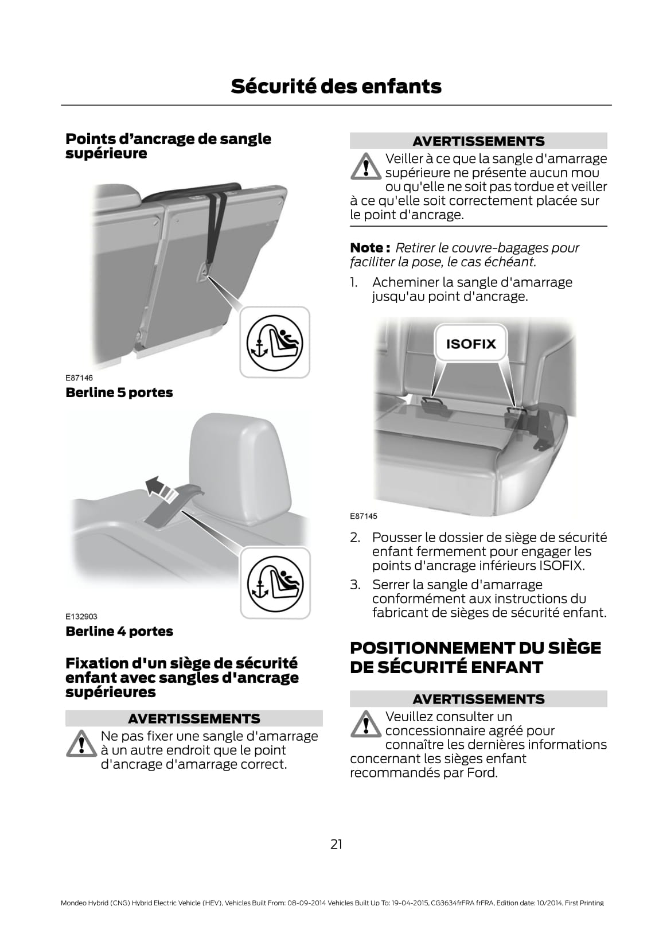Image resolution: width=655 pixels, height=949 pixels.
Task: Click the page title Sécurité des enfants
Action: [336, 86]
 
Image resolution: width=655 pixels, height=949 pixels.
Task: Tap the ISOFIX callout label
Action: [471, 344]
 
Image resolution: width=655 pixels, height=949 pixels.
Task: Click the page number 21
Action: [336, 845]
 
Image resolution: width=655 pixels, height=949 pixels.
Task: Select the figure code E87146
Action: [79, 378]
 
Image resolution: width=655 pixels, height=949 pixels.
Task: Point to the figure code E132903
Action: [81, 616]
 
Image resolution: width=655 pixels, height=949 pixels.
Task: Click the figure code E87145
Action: [363, 516]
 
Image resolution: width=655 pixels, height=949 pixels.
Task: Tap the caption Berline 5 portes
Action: [119, 392]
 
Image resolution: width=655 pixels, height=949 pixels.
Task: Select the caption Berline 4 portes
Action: [119, 631]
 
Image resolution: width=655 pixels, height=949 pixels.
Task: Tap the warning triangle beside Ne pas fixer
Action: [81, 744]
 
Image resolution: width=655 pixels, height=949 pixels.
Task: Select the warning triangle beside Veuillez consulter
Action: [367, 724]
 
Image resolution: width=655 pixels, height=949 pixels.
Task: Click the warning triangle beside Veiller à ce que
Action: [367, 166]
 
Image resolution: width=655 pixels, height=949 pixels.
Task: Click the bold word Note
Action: [367, 247]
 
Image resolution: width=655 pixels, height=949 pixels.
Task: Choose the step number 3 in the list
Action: [355, 585]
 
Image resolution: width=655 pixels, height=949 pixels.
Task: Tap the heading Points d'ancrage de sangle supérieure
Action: [168, 146]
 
